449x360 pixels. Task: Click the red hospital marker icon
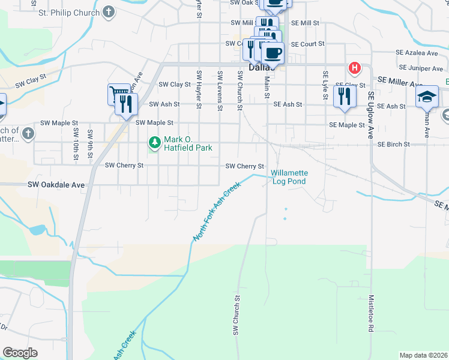click(355, 68)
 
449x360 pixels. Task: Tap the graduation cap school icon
click(427, 96)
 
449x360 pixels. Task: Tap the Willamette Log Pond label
click(289, 177)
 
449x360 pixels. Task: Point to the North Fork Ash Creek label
click(217, 212)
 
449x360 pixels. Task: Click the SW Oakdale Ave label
click(56, 185)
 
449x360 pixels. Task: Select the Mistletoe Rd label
click(372, 313)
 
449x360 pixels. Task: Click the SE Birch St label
click(393, 145)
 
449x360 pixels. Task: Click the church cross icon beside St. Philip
click(108, 11)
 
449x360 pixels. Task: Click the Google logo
click(20, 352)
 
